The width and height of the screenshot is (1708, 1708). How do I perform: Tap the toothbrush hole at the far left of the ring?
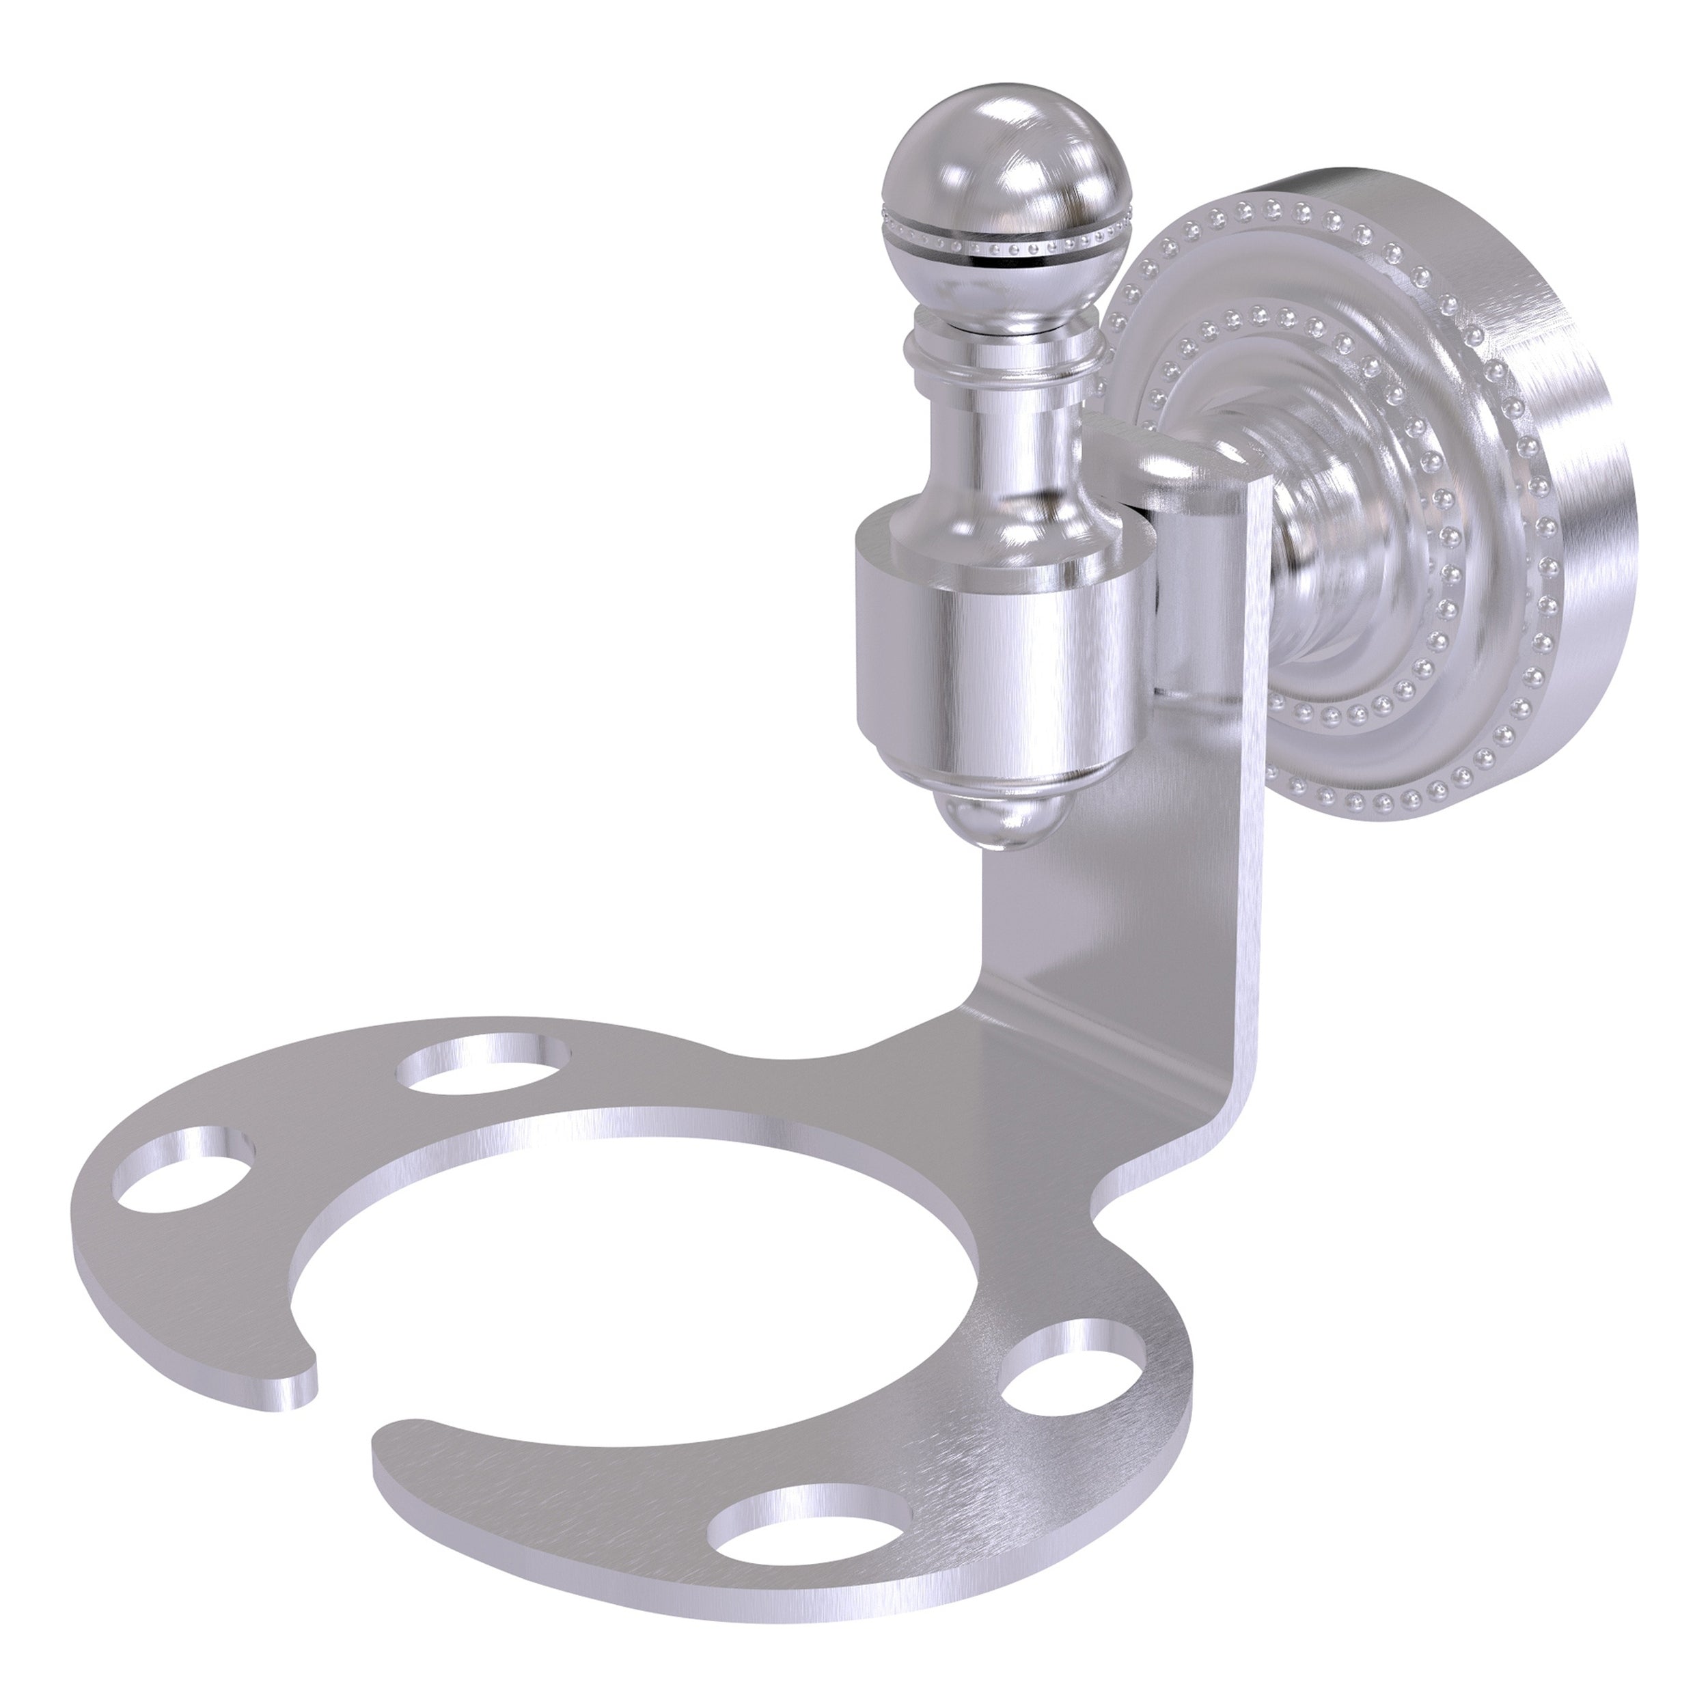[x=184, y=1167]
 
